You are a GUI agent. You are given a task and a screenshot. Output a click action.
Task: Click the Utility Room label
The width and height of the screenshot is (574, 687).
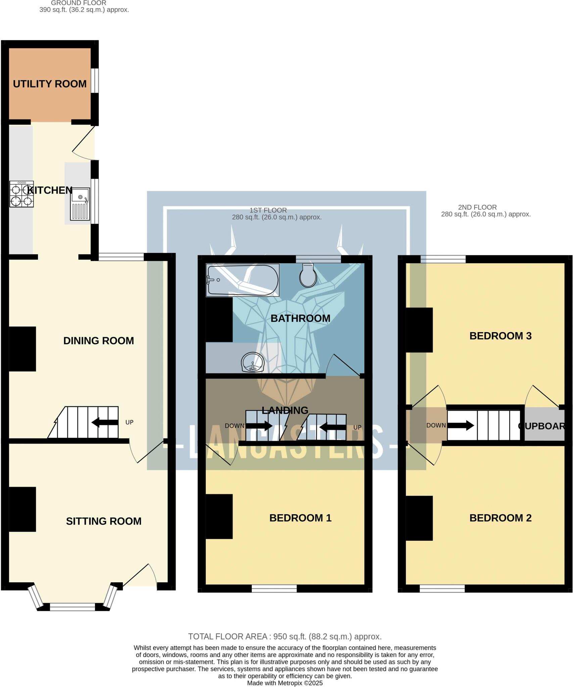point(50,84)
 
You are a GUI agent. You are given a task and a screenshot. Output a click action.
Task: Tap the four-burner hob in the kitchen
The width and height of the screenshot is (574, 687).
point(21,194)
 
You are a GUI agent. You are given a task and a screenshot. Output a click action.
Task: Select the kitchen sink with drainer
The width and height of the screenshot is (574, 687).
point(80,204)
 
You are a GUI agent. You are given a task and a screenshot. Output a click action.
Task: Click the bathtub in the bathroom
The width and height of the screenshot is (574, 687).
point(242,280)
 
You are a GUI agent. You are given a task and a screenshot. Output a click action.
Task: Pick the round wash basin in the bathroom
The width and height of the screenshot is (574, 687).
point(252,362)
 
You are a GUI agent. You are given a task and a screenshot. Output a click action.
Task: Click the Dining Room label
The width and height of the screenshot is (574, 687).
point(98,341)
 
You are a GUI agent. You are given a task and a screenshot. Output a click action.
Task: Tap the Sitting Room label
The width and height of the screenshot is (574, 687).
point(103,521)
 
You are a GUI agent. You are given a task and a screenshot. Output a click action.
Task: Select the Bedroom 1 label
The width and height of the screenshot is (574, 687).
point(300,518)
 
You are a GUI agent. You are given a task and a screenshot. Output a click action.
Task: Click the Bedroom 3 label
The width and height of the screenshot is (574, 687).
point(500,336)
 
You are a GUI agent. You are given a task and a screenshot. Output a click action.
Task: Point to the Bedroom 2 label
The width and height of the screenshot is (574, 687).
point(500,518)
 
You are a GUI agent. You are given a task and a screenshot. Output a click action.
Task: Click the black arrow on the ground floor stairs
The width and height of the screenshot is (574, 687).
point(104,423)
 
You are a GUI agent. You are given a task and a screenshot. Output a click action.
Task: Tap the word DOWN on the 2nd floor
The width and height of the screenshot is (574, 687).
point(436,426)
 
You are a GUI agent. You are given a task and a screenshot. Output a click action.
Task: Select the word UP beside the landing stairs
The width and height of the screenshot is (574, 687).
point(357,428)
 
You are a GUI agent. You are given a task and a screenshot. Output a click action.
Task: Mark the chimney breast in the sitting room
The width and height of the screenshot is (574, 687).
point(22,509)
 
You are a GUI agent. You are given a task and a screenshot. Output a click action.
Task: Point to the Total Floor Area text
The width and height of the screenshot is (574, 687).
point(285,637)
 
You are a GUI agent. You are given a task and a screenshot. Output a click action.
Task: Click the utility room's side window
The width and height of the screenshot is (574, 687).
point(95,81)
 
